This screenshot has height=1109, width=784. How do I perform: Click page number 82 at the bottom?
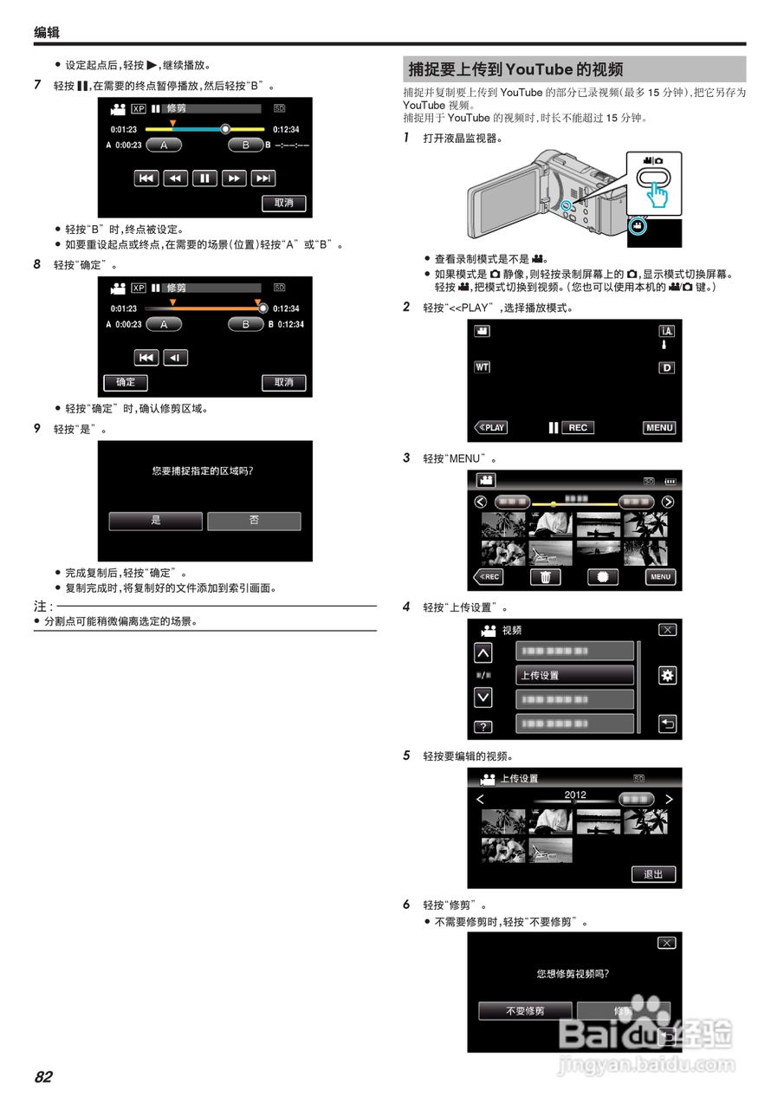click(x=43, y=1077)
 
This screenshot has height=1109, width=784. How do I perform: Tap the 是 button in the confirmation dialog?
click(x=156, y=521)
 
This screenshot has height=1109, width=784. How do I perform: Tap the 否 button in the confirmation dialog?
click(x=254, y=521)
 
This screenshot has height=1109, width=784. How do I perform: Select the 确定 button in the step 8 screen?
click(x=126, y=382)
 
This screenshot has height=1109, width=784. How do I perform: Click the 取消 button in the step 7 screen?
click(x=283, y=203)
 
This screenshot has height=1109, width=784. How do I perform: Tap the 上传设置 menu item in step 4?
click(x=574, y=675)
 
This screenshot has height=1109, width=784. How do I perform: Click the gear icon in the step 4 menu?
click(x=667, y=676)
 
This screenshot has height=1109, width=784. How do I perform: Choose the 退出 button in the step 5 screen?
click(x=653, y=874)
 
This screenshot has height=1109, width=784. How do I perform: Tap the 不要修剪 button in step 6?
click(x=525, y=1011)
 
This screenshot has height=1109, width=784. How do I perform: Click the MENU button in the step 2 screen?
click(x=659, y=428)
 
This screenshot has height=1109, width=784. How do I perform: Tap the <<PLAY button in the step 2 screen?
click(x=490, y=428)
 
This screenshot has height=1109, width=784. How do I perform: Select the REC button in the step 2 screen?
click(x=578, y=428)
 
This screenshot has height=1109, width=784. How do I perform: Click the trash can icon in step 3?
click(x=546, y=577)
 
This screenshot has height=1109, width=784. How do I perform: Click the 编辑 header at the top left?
click(x=47, y=33)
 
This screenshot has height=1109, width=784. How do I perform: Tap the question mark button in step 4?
click(x=483, y=726)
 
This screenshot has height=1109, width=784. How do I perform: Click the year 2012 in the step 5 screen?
click(x=575, y=794)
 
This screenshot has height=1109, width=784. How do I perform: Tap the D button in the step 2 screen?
click(x=666, y=367)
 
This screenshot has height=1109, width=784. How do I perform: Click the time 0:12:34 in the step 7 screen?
click(x=286, y=129)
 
